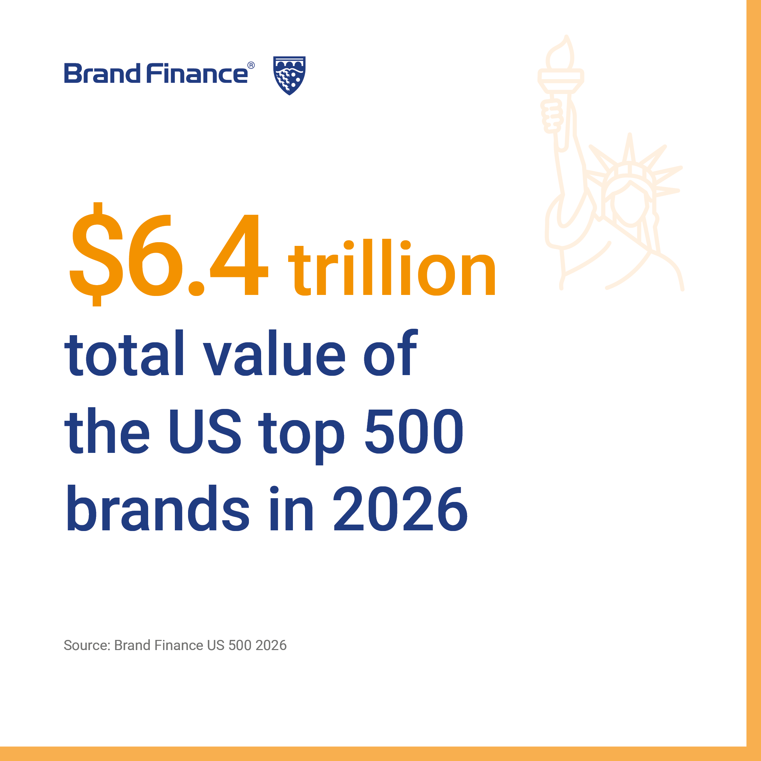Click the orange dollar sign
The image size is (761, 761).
(x=96, y=254)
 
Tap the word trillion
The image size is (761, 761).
(x=392, y=267)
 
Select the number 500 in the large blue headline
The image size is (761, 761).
(x=414, y=431)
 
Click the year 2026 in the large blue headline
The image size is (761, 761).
(x=400, y=508)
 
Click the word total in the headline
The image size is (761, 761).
(x=124, y=352)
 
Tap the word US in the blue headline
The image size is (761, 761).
(x=205, y=431)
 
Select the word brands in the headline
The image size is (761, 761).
(x=158, y=508)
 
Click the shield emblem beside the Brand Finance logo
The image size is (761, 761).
(x=290, y=75)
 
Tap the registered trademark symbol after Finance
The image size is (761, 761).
(x=251, y=65)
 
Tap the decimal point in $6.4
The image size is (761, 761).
(x=196, y=288)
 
